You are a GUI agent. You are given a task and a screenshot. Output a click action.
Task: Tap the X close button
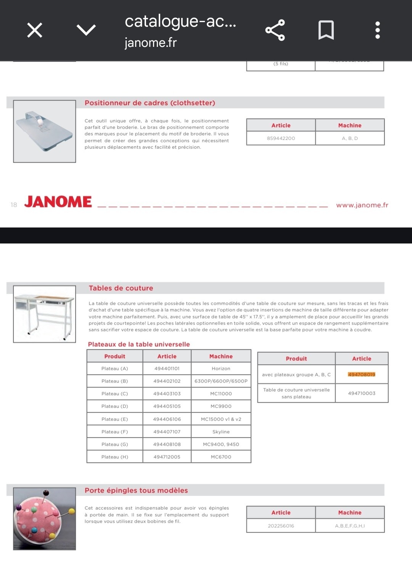[35, 30]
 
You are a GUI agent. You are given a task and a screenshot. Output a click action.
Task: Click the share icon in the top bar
[275, 30]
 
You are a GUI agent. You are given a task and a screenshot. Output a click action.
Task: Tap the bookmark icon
[326, 30]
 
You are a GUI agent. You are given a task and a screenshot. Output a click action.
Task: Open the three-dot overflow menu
[377, 30]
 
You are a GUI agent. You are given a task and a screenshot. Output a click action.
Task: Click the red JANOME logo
[58, 202]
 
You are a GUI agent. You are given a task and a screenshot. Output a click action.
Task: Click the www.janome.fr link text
[362, 205]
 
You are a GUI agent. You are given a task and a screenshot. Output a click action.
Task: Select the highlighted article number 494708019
[361, 374]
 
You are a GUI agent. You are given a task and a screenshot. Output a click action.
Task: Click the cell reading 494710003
[361, 393]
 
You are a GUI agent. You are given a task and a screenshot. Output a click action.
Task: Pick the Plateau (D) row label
[114, 406]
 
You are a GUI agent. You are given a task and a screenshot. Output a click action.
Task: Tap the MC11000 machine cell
[221, 394]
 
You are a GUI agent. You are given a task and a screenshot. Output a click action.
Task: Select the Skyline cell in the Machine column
[221, 432]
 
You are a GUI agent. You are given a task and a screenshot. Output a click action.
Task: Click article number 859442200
[281, 138]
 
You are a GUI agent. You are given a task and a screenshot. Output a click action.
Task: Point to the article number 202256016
[281, 526]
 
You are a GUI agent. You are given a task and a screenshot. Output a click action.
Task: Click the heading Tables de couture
[121, 288]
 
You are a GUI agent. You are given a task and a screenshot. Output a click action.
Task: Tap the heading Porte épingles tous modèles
[136, 490]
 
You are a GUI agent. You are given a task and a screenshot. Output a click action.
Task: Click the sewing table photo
[45, 314]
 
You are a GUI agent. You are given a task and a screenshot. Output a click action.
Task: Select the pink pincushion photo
[44, 519]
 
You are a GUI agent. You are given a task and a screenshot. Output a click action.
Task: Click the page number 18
[14, 205]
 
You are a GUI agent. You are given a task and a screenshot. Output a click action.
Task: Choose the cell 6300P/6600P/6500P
[221, 381]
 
